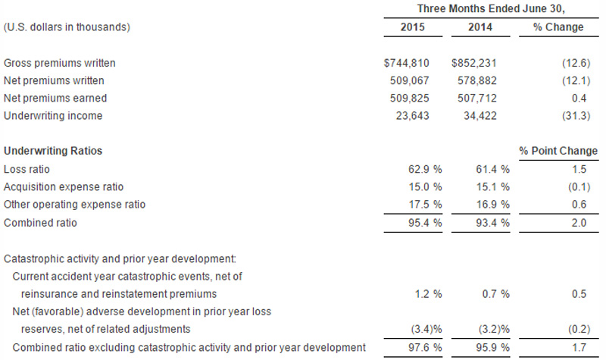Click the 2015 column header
coord(412,27)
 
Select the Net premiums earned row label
coord(55,98)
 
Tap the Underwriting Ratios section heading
coord(53,151)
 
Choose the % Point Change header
coord(558,151)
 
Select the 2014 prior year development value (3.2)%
coord(489,329)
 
